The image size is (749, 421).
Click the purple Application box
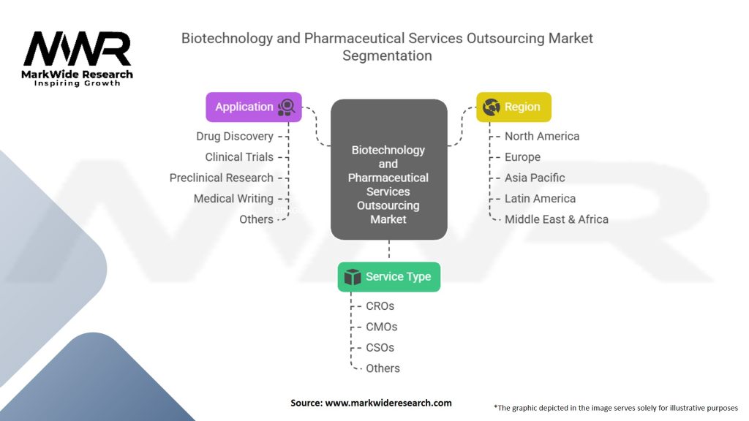tap(253, 107)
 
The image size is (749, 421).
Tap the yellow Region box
tap(513, 107)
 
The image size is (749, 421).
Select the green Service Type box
tap(388, 277)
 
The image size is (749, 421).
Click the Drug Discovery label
tap(235, 136)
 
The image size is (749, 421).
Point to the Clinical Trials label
tap(239, 156)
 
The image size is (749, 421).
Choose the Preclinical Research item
tap(222, 178)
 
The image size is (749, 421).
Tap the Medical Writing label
tap(233, 198)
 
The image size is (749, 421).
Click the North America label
tap(541, 136)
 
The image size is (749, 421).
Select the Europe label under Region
tap(522, 156)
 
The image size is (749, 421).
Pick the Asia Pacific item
tap(535, 178)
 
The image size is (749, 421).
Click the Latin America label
tap(540, 198)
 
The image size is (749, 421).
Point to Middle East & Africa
tap(556, 219)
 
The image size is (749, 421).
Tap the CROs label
tap(380, 306)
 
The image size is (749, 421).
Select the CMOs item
tap(381, 327)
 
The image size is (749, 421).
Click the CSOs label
tap(380, 347)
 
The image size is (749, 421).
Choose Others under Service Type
tap(383, 368)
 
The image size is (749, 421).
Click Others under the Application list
tap(256, 219)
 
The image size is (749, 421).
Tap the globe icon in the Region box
tap(491, 107)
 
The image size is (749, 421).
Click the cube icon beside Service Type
tap(353, 277)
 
